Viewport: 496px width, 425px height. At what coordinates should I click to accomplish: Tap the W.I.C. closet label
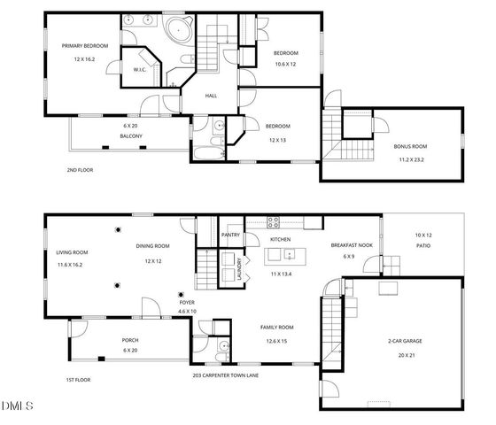(x=140, y=70)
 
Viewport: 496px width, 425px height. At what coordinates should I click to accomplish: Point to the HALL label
(x=212, y=96)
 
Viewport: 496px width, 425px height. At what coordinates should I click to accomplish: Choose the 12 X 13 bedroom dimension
(x=277, y=140)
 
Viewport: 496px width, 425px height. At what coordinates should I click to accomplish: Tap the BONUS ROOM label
(x=410, y=147)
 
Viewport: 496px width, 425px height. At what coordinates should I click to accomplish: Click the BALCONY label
(x=131, y=136)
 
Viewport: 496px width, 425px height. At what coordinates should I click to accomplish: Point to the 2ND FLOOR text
(x=80, y=170)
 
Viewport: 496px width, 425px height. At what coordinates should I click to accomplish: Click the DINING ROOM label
(x=152, y=246)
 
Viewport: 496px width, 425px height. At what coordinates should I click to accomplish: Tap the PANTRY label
(x=231, y=236)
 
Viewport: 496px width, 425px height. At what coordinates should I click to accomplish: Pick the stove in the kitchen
(x=275, y=222)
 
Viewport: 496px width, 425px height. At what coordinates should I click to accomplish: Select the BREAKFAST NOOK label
(x=350, y=245)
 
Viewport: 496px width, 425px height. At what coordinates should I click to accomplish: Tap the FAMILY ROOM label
(x=276, y=328)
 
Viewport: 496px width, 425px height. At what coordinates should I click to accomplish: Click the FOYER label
(x=187, y=302)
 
